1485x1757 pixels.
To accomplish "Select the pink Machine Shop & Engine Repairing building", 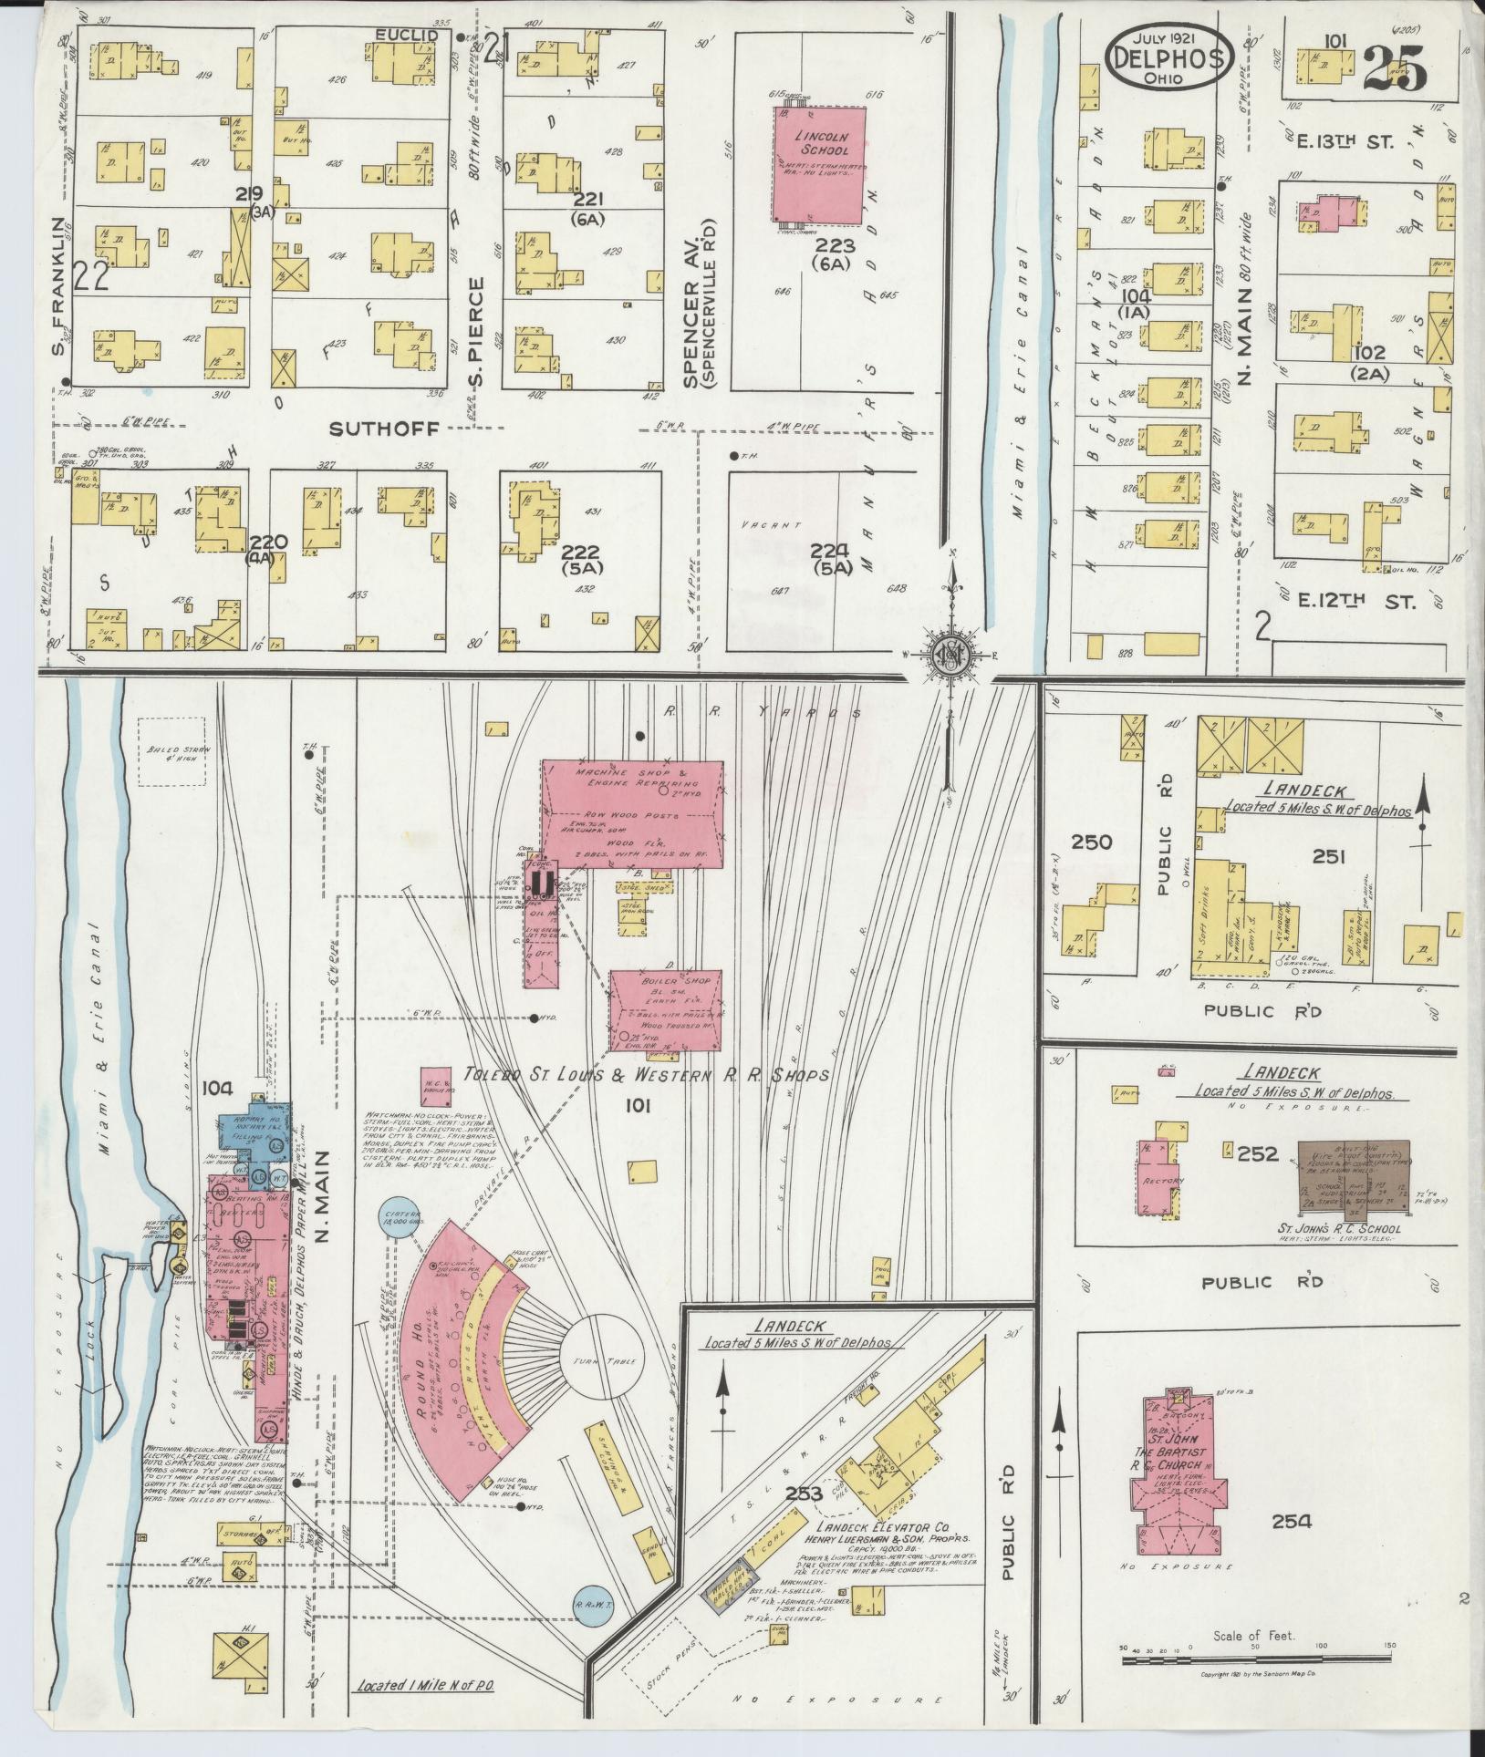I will click(633, 811).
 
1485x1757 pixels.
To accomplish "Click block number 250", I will click(1091, 841).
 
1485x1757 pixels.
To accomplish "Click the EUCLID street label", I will click(408, 36).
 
